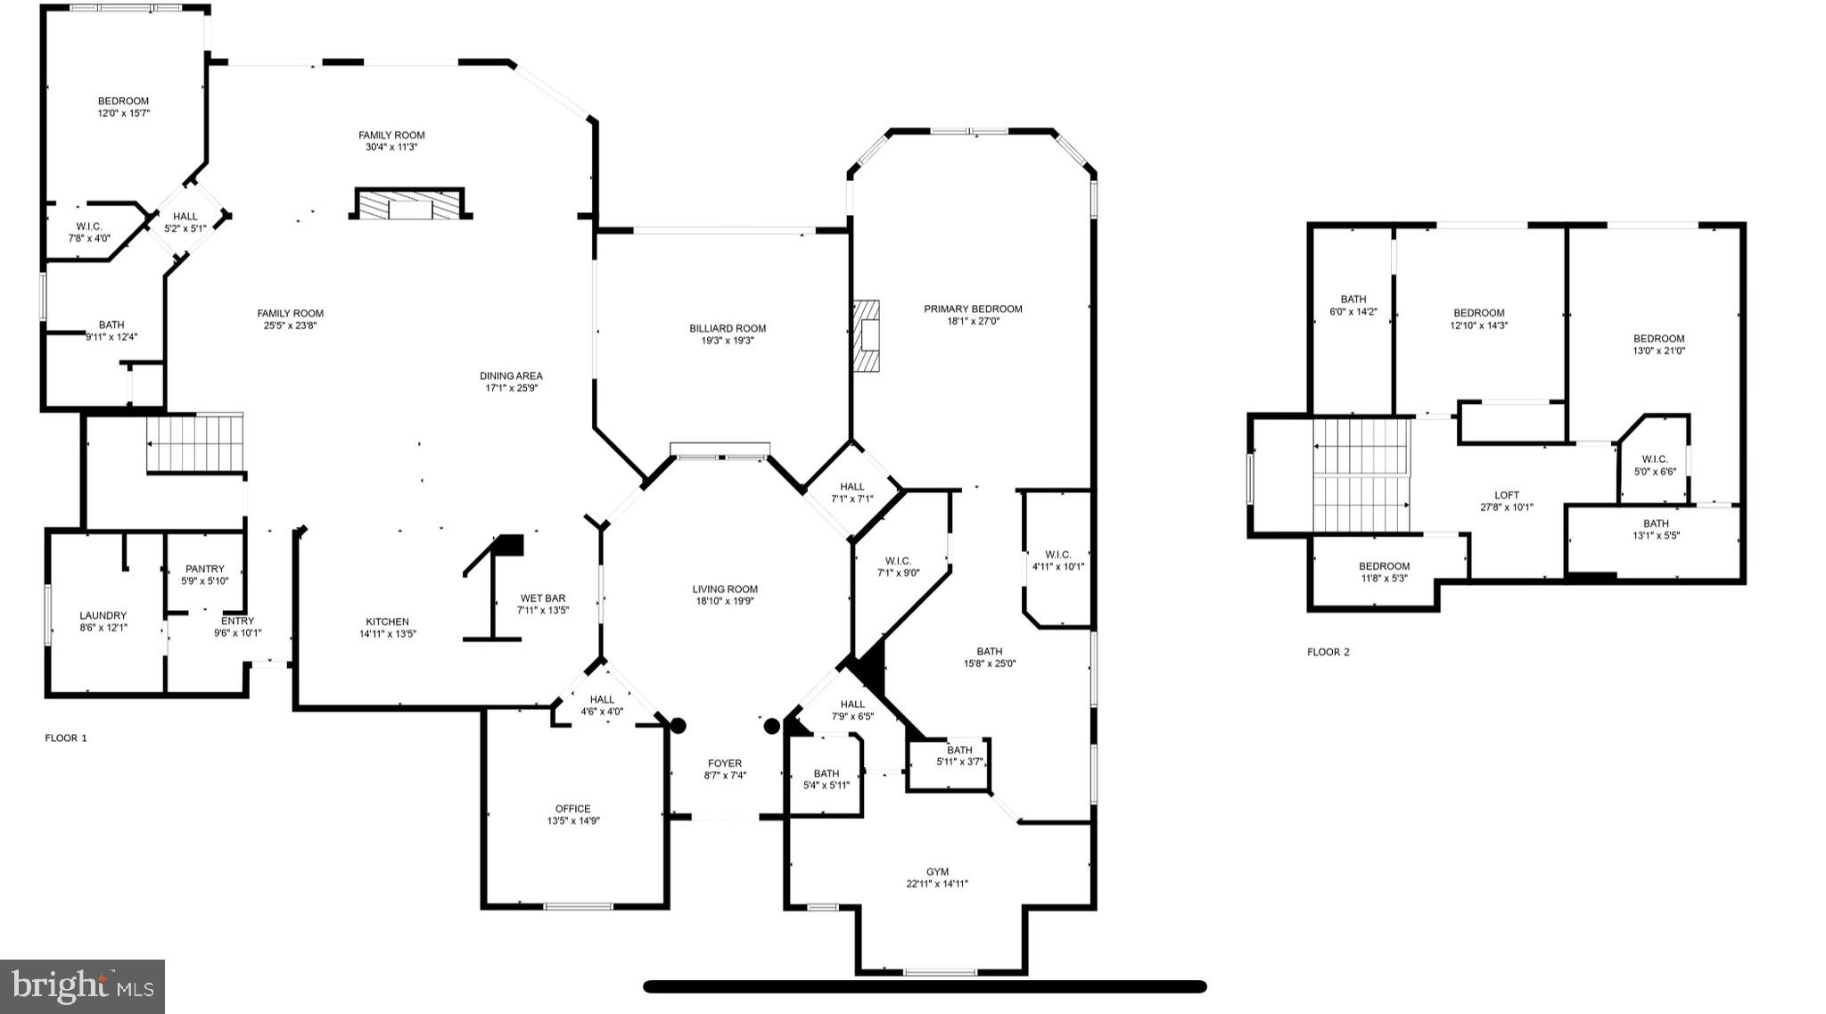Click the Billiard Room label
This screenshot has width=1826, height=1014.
tap(728, 328)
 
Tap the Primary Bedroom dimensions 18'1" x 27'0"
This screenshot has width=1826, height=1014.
tap(973, 321)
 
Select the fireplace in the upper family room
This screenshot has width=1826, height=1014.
tap(410, 205)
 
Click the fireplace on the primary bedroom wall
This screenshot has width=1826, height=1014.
tap(866, 335)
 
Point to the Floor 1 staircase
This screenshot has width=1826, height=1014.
tap(194, 443)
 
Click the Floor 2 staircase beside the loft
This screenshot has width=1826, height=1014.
tap(1361, 474)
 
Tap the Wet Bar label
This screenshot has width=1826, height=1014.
tap(543, 598)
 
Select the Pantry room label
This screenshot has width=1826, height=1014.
tap(205, 569)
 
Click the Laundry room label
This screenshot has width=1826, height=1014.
tap(103, 615)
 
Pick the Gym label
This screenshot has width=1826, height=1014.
tap(937, 871)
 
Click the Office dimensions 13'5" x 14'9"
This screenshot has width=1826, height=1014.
tap(573, 820)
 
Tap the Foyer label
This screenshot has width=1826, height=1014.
tap(725, 763)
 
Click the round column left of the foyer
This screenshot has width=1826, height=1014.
tap(678, 726)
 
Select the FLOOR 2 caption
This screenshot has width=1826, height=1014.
tap(1328, 652)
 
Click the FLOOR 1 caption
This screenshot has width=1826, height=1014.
tap(66, 738)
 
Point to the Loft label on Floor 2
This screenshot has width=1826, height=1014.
tap(1507, 495)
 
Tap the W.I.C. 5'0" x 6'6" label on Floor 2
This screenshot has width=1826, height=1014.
tap(1655, 465)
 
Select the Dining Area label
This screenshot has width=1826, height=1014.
tap(511, 375)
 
